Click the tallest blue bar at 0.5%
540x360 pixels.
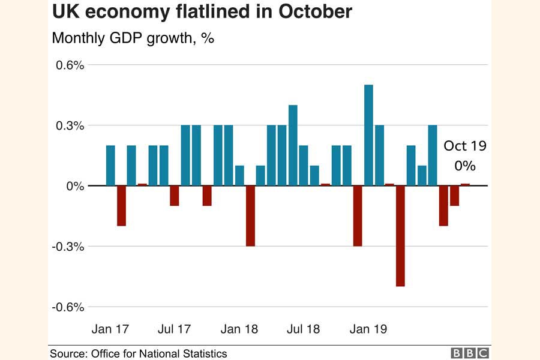click(x=368, y=135)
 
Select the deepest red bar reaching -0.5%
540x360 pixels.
click(x=400, y=236)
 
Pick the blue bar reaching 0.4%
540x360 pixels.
click(x=293, y=145)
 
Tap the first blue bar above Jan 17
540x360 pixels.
click(x=110, y=166)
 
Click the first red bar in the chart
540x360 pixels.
click(x=121, y=206)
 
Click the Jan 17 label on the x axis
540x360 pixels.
click(x=110, y=329)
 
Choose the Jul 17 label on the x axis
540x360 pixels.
click(x=174, y=329)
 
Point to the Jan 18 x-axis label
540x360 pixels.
click(x=239, y=329)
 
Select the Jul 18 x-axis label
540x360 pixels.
click(x=303, y=329)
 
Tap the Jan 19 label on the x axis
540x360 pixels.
click(x=368, y=329)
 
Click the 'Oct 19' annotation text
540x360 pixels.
click(x=464, y=146)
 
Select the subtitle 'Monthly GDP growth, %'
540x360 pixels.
click(x=133, y=38)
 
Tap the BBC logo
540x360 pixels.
click(x=470, y=353)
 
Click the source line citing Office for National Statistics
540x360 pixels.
click(x=139, y=353)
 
